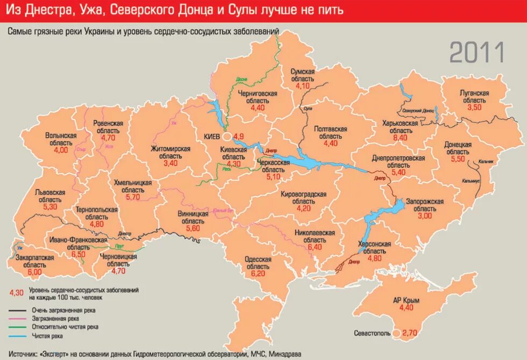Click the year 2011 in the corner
coord(476,53)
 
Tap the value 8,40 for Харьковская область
coord(400,138)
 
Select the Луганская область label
coord(474,97)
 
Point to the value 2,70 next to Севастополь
coord(409,334)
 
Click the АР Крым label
coord(406,300)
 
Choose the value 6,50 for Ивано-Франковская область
coord(78,254)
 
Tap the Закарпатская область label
coord(34,261)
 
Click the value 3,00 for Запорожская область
coord(424,216)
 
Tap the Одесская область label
coord(258,263)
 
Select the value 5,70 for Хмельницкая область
coord(132,197)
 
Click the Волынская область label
coord(61,139)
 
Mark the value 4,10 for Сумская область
coord(303,86)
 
